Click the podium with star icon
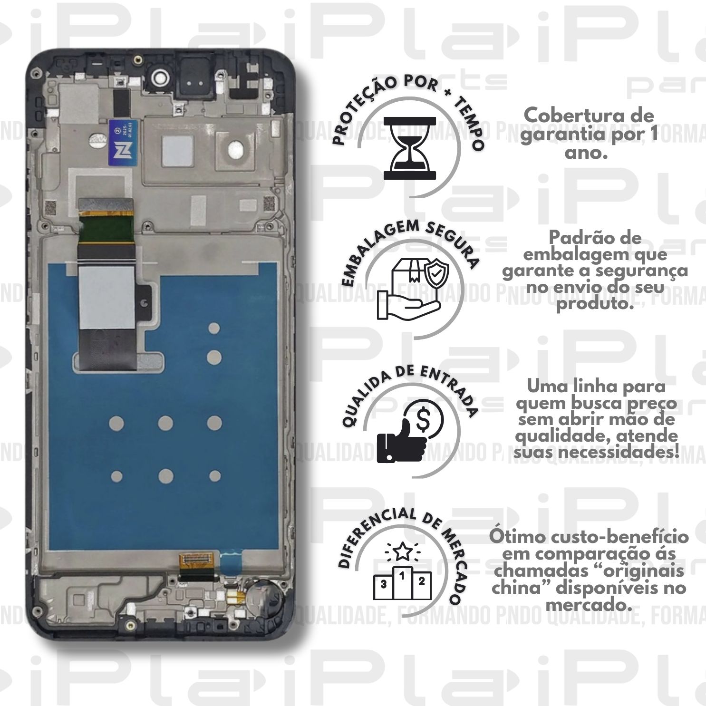pyautogui.click(x=403, y=576)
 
